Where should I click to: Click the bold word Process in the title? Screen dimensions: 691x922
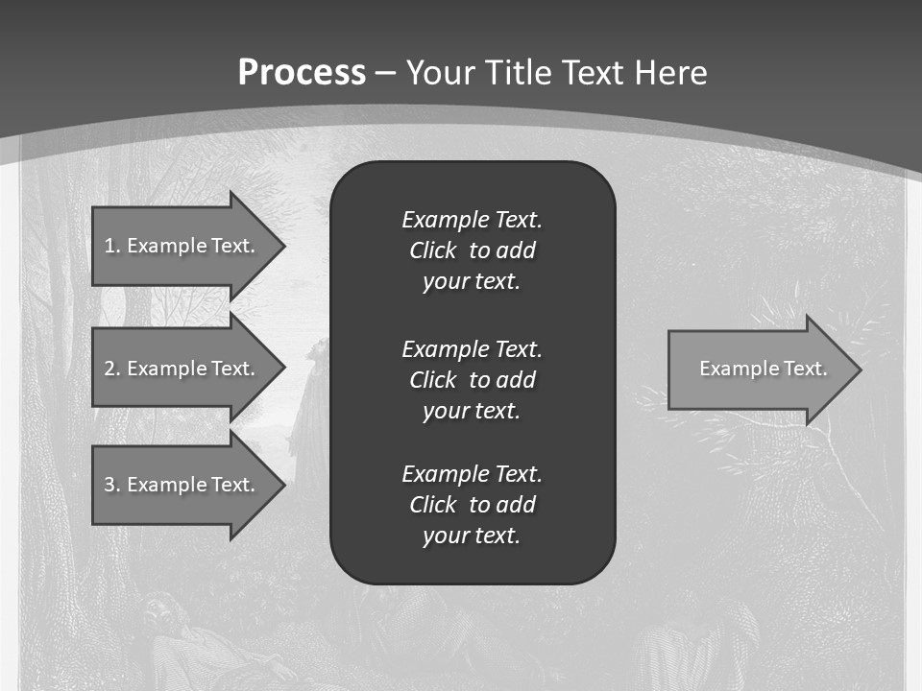[302, 73]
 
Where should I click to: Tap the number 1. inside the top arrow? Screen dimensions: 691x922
[112, 246]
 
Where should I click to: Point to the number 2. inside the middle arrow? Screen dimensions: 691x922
[112, 369]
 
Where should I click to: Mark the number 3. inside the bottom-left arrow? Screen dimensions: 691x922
[112, 485]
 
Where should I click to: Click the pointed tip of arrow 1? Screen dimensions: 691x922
[281, 246]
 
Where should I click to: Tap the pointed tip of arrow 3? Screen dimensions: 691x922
[281, 485]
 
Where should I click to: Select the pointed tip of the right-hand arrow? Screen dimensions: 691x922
[858, 369]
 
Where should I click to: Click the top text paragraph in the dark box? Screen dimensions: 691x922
[472, 250]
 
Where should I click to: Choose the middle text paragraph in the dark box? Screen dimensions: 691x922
[472, 380]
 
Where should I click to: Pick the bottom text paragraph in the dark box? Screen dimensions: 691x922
[472, 505]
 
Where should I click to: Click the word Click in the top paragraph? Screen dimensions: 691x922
[432, 250]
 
